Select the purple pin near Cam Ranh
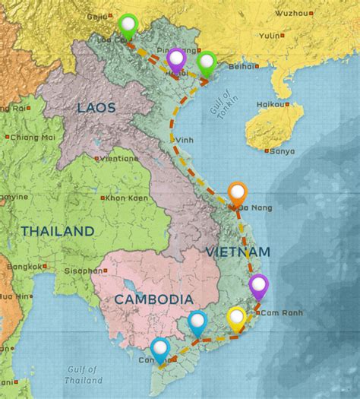pyautogui.click(x=259, y=285)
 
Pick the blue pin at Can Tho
pyautogui.click(x=159, y=349)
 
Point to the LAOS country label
pyautogui.click(x=96, y=109)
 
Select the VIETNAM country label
pyautogui.click(x=237, y=252)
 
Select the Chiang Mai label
pyautogui.click(x=33, y=137)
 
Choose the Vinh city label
pyautogui.click(x=184, y=140)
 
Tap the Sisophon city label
pyautogui.click(x=84, y=271)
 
